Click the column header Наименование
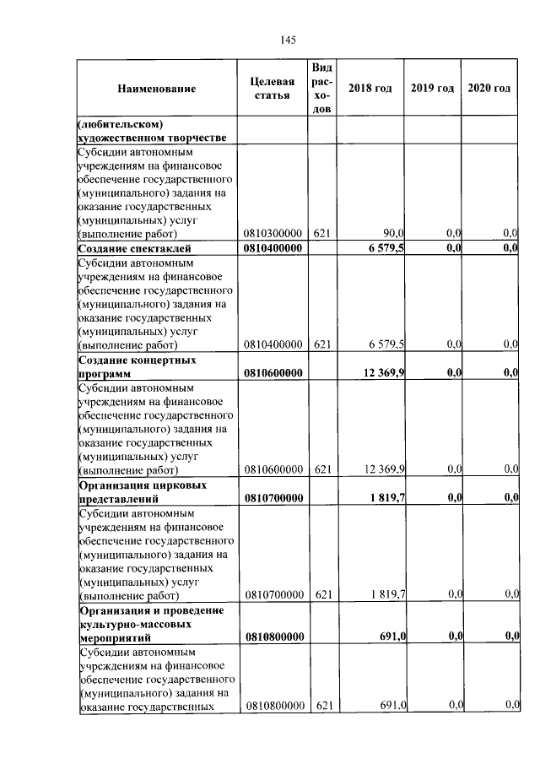[x=156, y=89]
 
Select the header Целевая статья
[x=273, y=89]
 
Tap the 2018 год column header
[x=370, y=89]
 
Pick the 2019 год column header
[x=433, y=89]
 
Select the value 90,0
[x=394, y=232]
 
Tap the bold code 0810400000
[x=273, y=248]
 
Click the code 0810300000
[x=273, y=232]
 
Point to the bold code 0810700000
[x=273, y=499]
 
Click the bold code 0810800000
[x=273, y=636]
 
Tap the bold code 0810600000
[x=273, y=372]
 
